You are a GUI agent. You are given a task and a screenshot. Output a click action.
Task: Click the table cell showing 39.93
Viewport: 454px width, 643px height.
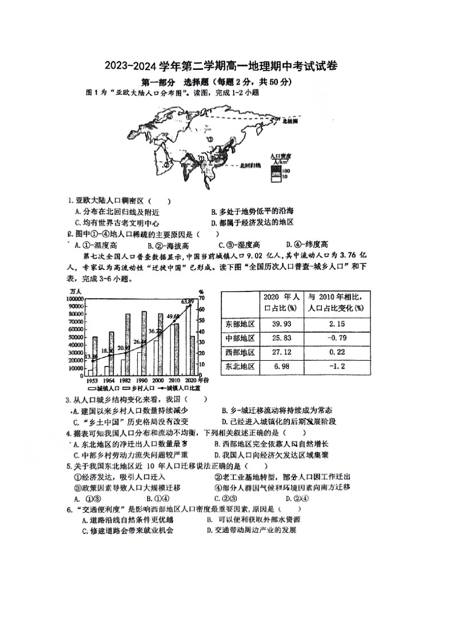[x=277, y=324]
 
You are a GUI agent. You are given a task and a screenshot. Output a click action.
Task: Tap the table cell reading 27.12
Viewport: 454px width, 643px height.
[x=277, y=352]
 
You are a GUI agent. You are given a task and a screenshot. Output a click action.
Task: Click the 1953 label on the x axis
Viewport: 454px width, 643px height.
[x=91, y=380]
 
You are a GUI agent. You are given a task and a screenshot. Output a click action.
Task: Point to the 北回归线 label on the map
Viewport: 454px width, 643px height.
[x=249, y=165]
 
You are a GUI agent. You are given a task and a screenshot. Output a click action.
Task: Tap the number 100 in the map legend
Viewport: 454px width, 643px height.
[x=286, y=170]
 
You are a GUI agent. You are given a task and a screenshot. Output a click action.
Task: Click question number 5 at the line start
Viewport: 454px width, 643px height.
[x=69, y=466]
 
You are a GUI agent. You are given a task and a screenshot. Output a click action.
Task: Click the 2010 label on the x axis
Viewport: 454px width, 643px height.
[x=175, y=380]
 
